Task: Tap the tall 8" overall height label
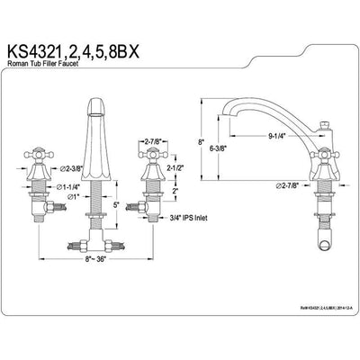coord(202,141)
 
